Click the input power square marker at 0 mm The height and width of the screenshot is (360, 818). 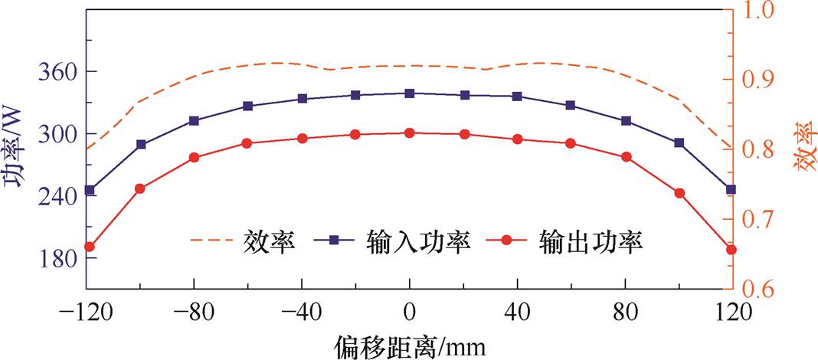click(409, 93)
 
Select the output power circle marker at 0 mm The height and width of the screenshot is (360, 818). click(409, 133)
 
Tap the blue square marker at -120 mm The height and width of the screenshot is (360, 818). click(90, 190)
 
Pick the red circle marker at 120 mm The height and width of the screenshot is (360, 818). click(731, 250)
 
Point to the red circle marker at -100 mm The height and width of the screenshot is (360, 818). click(139, 188)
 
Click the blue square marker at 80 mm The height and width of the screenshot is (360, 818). click(626, 121)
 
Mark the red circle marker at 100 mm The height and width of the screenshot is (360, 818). click(679, 193)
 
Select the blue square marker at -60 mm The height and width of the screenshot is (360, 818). click(247, 106)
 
